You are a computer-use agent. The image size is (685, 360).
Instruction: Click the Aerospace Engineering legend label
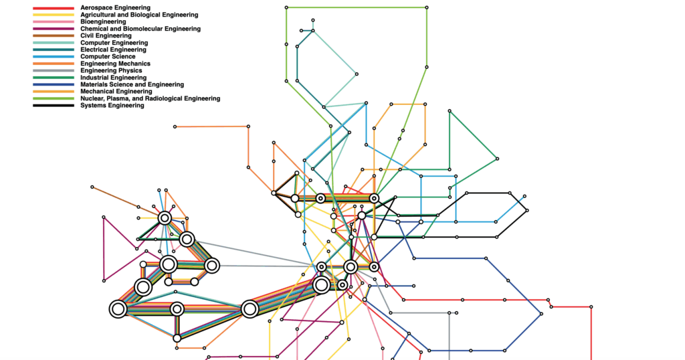point(115,8)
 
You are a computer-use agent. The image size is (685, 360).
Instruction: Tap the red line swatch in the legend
point(54,8)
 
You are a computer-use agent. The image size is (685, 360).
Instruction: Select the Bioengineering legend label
point(103,22)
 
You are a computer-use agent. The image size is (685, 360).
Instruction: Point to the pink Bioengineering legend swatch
point(54,22)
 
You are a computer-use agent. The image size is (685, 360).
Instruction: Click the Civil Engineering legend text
point(106,36)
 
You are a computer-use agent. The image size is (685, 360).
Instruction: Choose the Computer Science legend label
point(108,56)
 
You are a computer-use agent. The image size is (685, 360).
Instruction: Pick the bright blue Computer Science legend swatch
point(54,57)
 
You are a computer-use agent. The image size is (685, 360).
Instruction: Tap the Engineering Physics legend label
point(111,70)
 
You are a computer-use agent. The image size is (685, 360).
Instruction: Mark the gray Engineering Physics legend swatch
point(54,71)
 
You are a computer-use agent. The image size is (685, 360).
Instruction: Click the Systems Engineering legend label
point(112,105)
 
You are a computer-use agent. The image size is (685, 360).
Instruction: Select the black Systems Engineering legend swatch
point(54,106)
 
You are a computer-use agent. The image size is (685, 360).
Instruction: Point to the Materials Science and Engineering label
point(132,84)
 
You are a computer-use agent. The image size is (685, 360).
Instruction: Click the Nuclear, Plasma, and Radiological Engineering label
point(151,98)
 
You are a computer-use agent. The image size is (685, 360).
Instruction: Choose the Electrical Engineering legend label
point(113,50)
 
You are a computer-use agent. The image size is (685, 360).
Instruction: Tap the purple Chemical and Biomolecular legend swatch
point(54,29)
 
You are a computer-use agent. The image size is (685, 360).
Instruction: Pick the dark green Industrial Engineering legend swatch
point(54,78)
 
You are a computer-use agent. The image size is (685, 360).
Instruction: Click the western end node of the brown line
point(92,187)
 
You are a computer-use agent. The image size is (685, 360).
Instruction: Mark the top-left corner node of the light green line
point(286,7)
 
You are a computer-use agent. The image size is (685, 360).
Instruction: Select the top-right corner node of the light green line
point(427,7)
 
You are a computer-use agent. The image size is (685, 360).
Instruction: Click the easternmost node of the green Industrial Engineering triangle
point(497,159)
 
